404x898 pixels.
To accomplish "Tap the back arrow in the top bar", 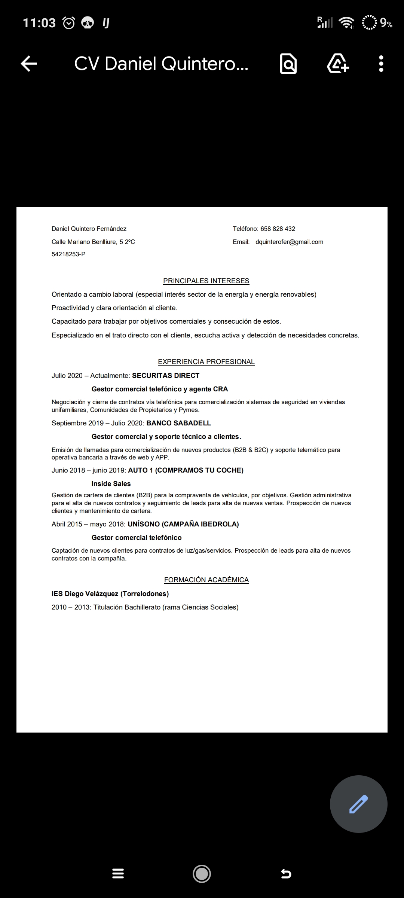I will tap(29, 64).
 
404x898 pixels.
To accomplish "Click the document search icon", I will tap(288, 64).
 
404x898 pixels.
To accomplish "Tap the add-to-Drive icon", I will tap(338, 64).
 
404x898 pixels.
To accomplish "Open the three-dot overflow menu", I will tap(381, 64).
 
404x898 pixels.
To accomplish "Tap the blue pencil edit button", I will tap(358, 804).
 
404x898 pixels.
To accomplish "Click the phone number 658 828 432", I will tap(278, 229).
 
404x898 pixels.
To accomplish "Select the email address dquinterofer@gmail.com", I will tap(289, 242).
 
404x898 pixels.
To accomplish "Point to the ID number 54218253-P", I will tap(68, 254).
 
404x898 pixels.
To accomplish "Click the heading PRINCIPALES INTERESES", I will tap(206, 281).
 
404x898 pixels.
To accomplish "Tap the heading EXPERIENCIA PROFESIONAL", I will tap(206, 361).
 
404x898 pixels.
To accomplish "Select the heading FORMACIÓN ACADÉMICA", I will tap(206, 580).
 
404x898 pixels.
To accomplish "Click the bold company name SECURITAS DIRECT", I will tap(166, 375).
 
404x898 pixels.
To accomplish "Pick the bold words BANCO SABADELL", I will tap(178, 423).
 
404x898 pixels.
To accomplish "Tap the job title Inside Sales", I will tap(111, 483).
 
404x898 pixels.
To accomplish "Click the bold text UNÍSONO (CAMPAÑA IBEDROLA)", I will tap(183, 524).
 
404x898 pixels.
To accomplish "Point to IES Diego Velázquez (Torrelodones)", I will tap(110, 593).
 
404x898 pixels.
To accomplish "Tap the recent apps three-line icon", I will tap(118, 874).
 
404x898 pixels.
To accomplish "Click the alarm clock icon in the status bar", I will tap(69, 23).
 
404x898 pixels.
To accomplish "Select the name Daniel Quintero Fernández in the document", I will tap(89, 229).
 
